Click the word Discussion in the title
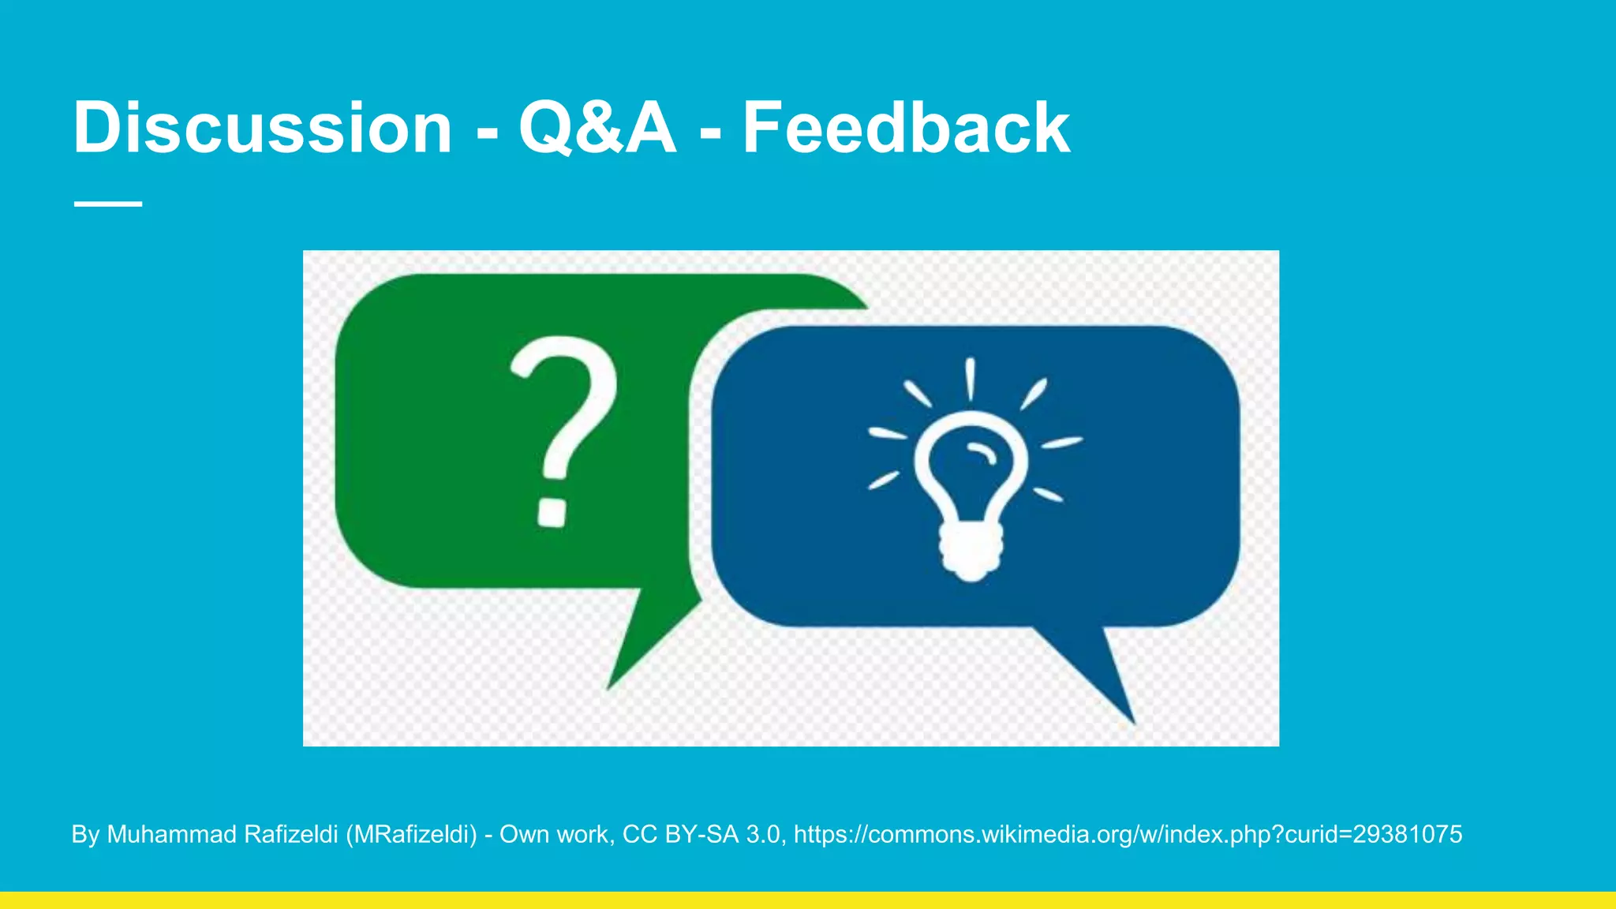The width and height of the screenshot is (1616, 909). click(262, 128)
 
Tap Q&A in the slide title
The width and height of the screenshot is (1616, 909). click(597, 128)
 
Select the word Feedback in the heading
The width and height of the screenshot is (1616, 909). click(906, 128)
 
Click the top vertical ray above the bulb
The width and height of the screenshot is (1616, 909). click(970, 379)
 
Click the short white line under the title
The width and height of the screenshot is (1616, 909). click(108, 204)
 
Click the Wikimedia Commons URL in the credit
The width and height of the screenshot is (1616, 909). click(1128, 834)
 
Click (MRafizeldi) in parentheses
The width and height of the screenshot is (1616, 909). click(411, 834)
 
